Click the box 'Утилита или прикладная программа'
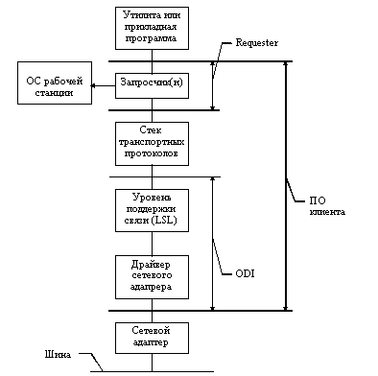click(x=152, y=28)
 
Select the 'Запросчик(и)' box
click(x=152, y=85)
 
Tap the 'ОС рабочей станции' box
click(x=55, y=82)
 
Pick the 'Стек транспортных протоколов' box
click(x=152, y=144)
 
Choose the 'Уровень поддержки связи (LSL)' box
click(x=152, y=210)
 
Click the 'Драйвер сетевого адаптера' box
click(x=152, y=277)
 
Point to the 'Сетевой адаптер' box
click(x=152, y=338)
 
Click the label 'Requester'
click(x=257, y=43)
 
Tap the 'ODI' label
click(x=245, y=273)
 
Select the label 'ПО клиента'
click(x=327, y=206)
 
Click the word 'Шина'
click(x=58, y=354)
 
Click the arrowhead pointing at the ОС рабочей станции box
click(x=93, y=85)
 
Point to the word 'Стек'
click(x=151, y=130)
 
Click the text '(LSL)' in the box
click(x=164, y=221)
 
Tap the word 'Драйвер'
click(x=151, y=265)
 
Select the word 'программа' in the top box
click(x=151, y=38)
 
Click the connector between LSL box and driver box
click(x=152, y=244)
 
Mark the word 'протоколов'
click(x=152, y=153)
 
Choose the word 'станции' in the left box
click(x=54, y=93)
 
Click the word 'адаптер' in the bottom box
click(x=151, y=342)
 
